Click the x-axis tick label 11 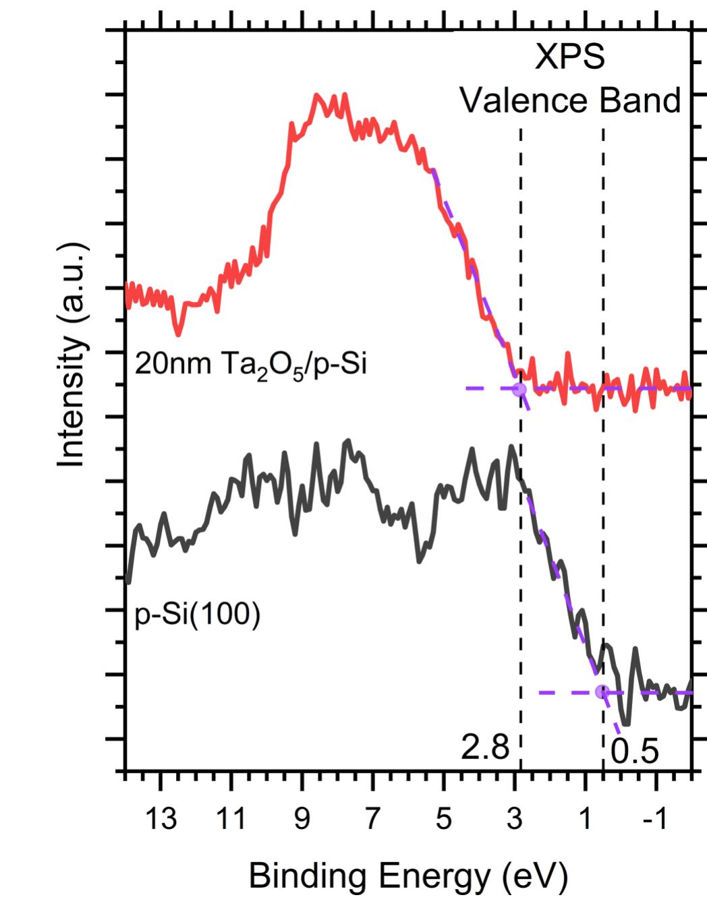[231, 819]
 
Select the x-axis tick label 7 [372, 819]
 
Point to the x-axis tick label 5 [443, 819]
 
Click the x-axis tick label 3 [514, 819]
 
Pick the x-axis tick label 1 [585, 819]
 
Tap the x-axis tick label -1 [654, 819]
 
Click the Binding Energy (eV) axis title [408, 877]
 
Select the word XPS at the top [570, 58]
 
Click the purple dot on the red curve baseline [519, 389]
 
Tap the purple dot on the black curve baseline [602, 692]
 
